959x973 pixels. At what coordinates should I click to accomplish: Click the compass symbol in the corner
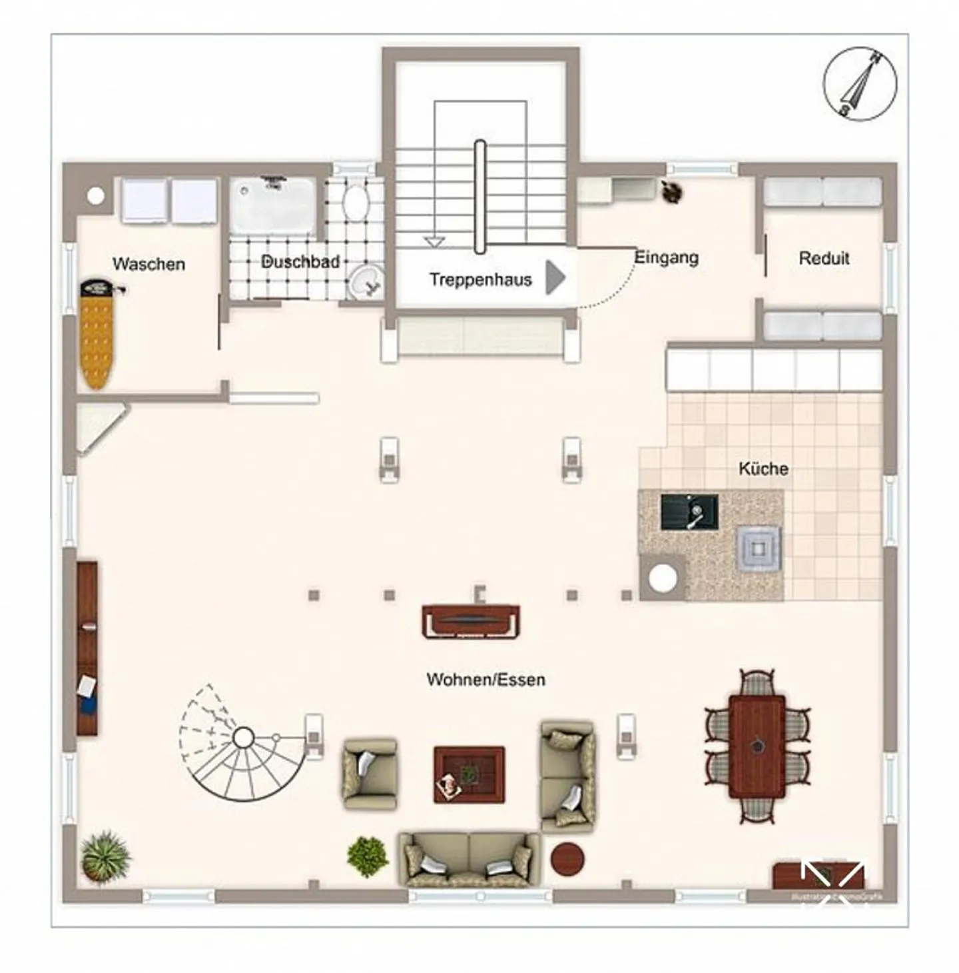click(x=860, y=83)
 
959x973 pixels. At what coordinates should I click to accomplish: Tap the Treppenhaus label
click(x=480, y=279)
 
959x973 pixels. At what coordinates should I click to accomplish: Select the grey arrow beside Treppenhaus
click(x=555, y=277)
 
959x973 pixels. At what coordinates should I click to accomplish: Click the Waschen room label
click(x=149, y=264)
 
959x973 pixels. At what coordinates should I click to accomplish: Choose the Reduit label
click(x=824, y=258)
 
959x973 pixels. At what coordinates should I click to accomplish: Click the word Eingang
click(x=666, y=257)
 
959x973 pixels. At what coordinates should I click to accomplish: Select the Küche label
click(x=763, y=469)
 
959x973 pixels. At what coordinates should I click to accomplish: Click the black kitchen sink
click(x=689, y=512)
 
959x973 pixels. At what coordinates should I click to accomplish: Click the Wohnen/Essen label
click(x=485, y=680)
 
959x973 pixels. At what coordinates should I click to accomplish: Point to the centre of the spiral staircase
click(x=243, y=738)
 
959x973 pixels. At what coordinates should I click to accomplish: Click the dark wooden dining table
click(x=757, y=746)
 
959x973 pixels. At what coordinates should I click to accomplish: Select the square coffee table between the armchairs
click(x=469, y=774)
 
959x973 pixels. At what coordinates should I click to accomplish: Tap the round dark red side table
click(x=567, y=858)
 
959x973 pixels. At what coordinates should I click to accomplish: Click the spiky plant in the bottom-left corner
click(x=105, y=856)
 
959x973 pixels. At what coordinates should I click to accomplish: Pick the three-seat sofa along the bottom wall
click(x=470, y=858)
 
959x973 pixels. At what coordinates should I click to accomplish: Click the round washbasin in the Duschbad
click(x=365, y=281)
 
